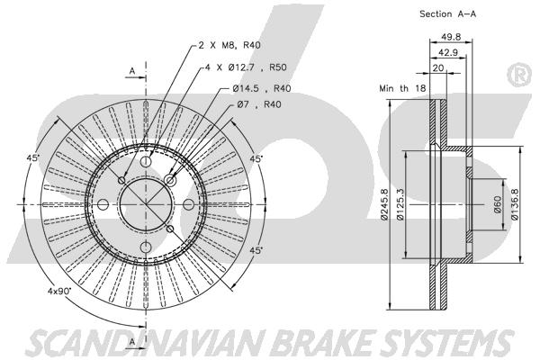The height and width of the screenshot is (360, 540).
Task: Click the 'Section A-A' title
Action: tap(447, 14)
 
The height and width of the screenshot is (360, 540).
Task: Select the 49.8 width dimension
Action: tap(451, 37)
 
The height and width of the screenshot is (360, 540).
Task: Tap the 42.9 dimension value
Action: tap(447, 52)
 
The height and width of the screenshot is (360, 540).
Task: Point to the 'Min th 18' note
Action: tap(402, 88)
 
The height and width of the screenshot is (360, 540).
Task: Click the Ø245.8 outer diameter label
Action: tap(384, 204)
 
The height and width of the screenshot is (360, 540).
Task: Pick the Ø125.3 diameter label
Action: tap(400, 204)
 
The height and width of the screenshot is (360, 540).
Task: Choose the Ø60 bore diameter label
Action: tap(498, 204)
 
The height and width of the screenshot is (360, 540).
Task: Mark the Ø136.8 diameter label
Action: tap(515, 204)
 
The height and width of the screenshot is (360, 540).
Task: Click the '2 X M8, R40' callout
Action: tap(229, 45)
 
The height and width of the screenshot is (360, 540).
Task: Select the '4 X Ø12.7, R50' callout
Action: tap(246, 67)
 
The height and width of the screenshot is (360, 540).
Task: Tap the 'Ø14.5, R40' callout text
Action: tap(262, 88)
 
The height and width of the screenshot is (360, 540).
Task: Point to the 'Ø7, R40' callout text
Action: tap(259, 104)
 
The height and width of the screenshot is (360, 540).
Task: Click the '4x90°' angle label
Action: tap(59, 291)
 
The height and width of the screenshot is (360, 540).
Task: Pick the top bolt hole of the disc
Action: tap(146, 161)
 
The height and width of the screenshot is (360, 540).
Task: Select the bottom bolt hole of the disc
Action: tap(146, 247)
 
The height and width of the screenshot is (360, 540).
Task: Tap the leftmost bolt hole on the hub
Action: tap(103, 204)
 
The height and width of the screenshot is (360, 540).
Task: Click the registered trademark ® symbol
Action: tap(519, 75)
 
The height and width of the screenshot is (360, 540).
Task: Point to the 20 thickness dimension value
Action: tap(438, 67)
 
